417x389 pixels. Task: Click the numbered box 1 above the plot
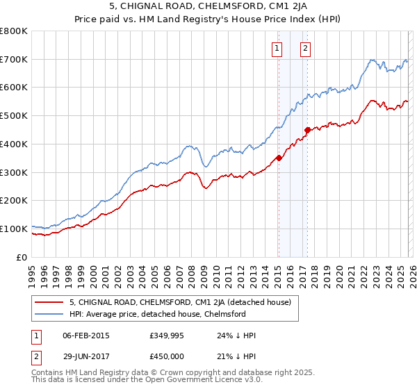click(x=277, y=48)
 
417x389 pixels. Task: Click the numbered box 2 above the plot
click(x=305, y=48)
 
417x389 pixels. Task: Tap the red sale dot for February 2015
click(x=279, y=158)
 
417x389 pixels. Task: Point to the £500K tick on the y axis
click(x=15, y=115)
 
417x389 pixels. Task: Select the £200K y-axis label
click(x=15, y=200)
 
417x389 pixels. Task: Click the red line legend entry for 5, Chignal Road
click(x=183, y=302)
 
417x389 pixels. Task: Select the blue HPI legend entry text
click(x=158, y=314)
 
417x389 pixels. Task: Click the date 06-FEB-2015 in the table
click(x=85, y=336)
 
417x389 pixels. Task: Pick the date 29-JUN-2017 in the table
click(x=85, y=356)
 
